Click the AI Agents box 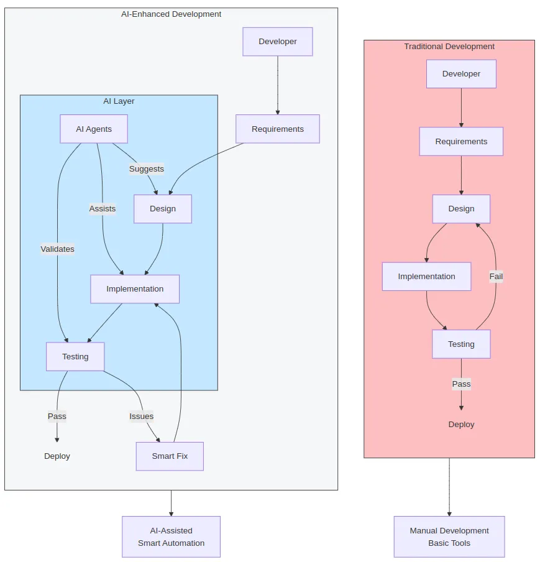(94, 129)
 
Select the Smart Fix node (170, 456)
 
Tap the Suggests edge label (147, 169)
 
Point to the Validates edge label (58, 249)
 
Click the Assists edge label (103, 209)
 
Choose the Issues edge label (142, 417)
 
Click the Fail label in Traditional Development (496, 277)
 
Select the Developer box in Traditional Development (461, 74)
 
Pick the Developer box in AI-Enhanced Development (278, 42)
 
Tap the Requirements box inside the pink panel (461, 142)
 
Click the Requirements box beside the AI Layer (278, 129)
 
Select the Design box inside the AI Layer (163, 209)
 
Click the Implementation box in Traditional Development (426, 277)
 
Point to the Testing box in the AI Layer (75, 357)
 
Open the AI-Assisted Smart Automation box (171, 537)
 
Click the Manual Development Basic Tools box (449, 537)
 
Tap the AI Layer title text (119, 101)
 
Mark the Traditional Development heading (449, 47)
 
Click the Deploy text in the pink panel (461, 425)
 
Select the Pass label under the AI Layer (57, 417)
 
